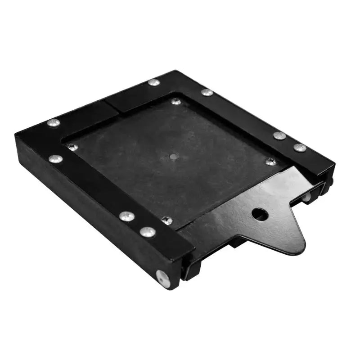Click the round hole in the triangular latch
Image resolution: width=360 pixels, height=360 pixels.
pos(260,214)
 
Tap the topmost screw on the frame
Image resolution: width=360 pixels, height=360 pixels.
pos(153,82)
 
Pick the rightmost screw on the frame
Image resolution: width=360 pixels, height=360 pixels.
pos(300,147)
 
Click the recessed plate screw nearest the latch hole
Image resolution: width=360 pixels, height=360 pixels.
pos(271,161)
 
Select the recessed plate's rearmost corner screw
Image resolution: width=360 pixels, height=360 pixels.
pos(176,102)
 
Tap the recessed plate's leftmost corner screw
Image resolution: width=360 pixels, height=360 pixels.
pos(72,147)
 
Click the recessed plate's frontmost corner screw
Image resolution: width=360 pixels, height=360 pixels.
pos(167,220)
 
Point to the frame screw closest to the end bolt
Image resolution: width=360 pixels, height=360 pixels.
pos(147,232)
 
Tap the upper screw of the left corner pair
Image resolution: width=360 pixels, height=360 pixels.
pos(54,122)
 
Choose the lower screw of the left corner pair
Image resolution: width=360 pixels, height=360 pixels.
pos(55,159)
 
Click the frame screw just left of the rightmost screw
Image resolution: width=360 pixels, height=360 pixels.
pos(279,135)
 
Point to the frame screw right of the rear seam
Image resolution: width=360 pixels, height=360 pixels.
pos(207,92)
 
